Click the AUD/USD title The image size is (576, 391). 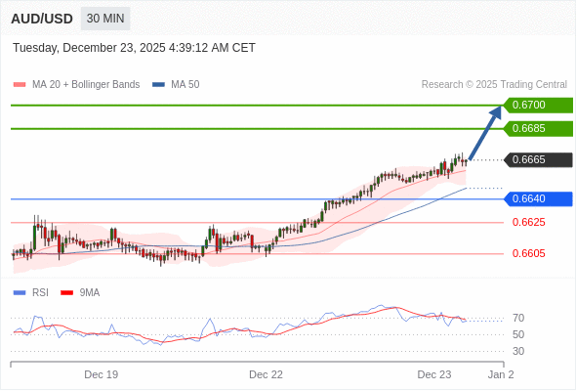click(x=42, y=19)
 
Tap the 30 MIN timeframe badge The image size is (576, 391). click(x=104, y=19)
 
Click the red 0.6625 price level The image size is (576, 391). click(x=528, y=222)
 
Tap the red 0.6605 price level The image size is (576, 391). click(x=528, y=253)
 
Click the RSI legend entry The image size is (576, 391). click(x=40, y=292)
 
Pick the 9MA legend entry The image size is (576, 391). click(x=89, y=292)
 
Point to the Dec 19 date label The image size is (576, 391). click(x=102, y=374)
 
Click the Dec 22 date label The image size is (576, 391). click(x=266, y=374)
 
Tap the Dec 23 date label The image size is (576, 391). click(x=434, y=374)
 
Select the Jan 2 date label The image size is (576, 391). click(x=501, y=374)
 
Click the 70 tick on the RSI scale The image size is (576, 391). click(x=517, y=318)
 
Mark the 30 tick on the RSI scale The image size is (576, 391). click(x=517, y=351)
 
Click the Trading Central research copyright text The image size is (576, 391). click(x=494, y=84)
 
